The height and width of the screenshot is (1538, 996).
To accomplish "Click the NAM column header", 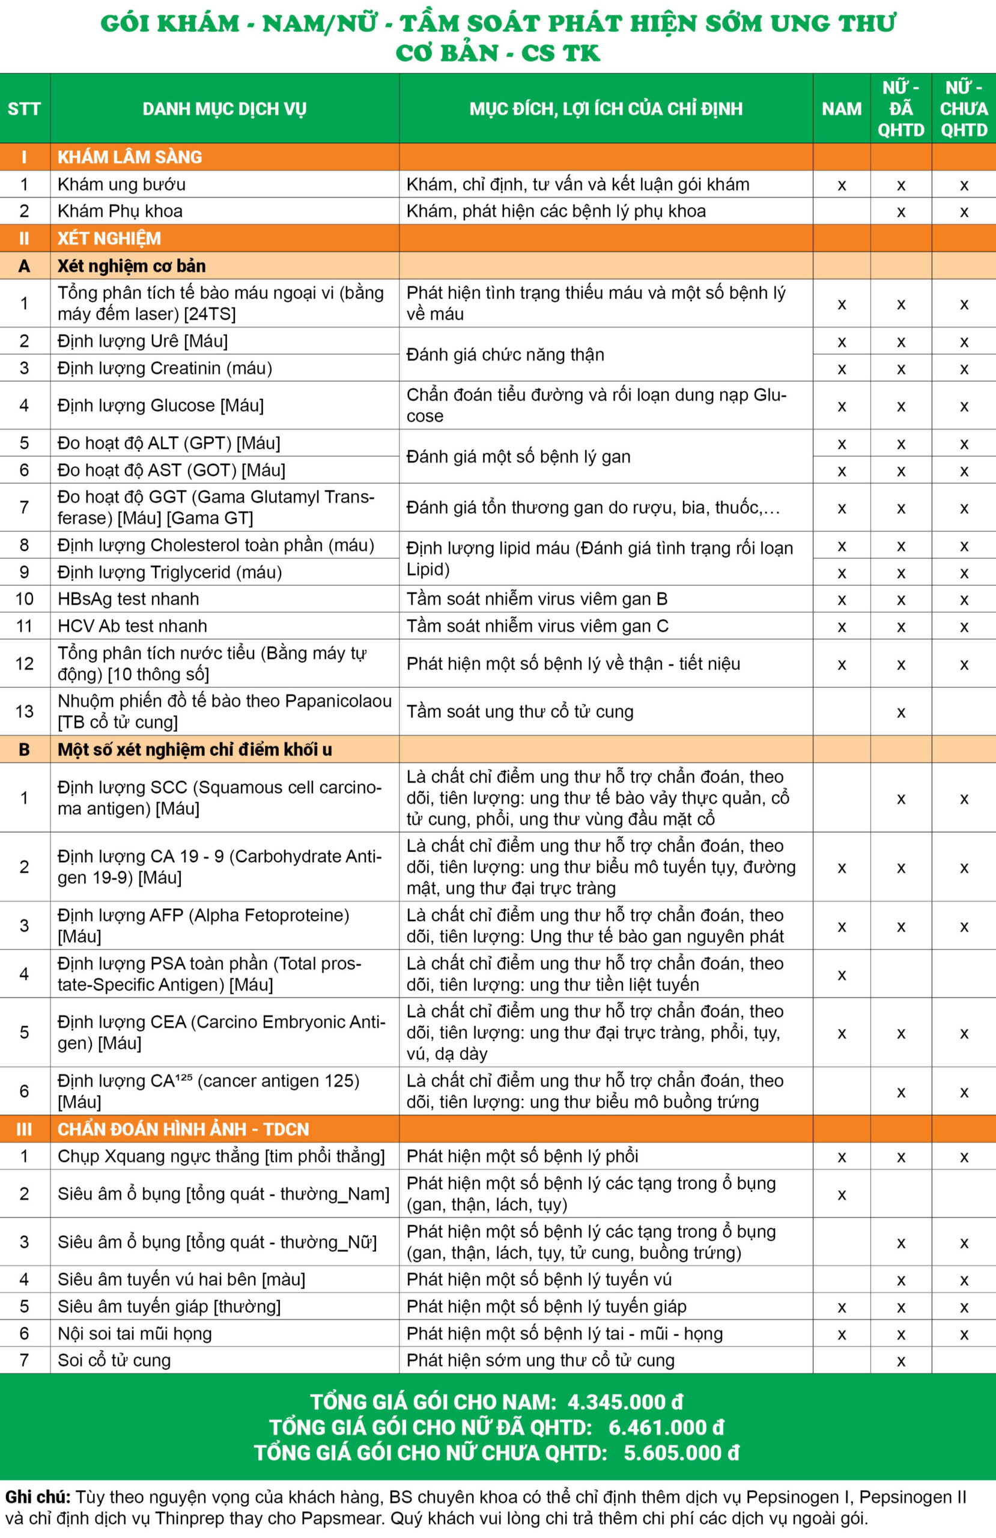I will [841, 109].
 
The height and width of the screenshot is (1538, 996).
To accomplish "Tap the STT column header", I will [24, 109].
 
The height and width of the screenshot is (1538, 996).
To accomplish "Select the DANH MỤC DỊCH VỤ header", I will [224, 109].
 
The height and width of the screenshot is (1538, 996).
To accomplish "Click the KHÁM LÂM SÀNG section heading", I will [129, 157].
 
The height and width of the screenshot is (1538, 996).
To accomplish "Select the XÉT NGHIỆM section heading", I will [109, 239].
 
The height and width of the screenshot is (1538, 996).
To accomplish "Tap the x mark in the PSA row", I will [841, 974].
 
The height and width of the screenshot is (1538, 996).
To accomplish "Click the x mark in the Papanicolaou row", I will [900, 712].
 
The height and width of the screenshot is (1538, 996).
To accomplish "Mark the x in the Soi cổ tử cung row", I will [900, 1361].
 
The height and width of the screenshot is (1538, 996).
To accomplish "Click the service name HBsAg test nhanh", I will [128, 599].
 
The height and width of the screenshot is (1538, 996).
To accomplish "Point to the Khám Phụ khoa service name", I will [120, 211].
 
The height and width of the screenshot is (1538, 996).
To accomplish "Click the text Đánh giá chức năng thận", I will [505, 355].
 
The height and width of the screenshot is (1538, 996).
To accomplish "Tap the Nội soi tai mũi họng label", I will [135, 1333].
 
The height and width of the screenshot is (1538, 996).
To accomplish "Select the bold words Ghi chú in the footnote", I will [37, 1497].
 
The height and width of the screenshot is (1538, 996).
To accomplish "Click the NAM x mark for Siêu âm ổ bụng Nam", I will [841, 1195].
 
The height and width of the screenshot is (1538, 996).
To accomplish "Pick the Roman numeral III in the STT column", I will [24, 1129].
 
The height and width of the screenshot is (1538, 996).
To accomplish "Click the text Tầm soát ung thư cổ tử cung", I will [520, 711].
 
